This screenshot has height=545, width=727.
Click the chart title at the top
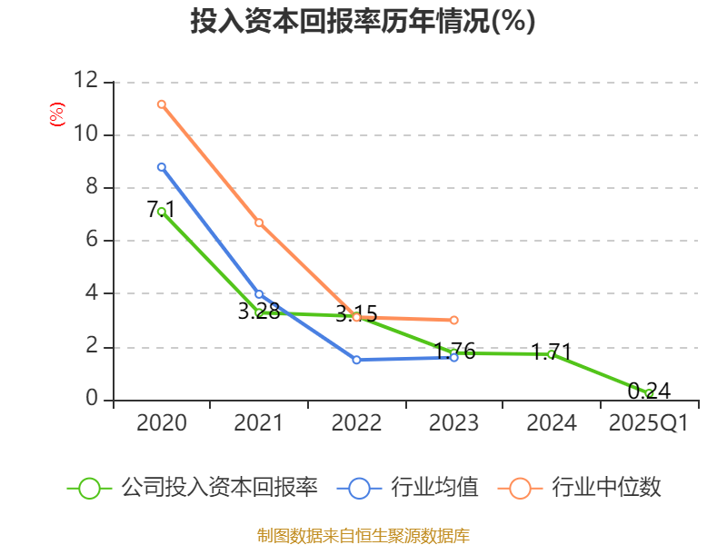[x=363, y=22]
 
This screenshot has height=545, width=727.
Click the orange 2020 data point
[x=161, y=104]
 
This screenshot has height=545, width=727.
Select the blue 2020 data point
[x=161, y=167]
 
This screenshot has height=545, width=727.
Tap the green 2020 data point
[x=161, y=212]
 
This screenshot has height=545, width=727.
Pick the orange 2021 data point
[x=259, y=223]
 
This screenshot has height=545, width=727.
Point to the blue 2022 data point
[x=356, y=360]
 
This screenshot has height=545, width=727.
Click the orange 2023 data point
[x=453, y=320]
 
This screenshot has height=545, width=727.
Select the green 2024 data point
[x=551, y=354]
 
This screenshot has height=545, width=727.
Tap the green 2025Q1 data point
[x=649, y=393]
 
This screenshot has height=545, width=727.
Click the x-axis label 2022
[x=356, y=423]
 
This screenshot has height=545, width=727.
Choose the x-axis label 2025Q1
[x=648, y=423]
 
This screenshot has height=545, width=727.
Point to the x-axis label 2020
[x=161, y=423]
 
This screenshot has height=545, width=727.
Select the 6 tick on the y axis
[x=91, y=241]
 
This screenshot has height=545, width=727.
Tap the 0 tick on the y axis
[x=91, y=400]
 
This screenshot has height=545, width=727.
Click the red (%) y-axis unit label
[x=56, y=115]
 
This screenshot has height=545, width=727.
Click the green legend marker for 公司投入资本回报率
[x=89, y=488]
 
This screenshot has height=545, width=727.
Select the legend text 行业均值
[x=434, y=488]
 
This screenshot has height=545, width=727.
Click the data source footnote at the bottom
[x=363, y=535]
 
